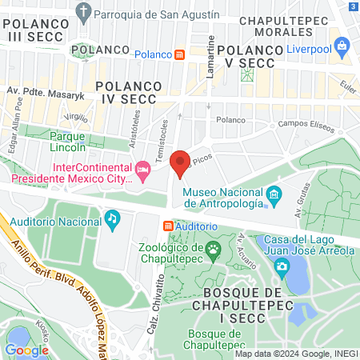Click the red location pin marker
click(x=180, y=163)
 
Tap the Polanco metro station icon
click(x=181, y=54)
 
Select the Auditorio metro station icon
click(x=168, y=226)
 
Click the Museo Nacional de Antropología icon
click(x=274, y=194)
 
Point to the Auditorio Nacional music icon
click(x=113, y=218)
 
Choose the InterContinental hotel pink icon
click(x=143, y=170)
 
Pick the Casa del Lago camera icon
click(x=281, y=266)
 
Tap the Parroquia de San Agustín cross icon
click(x=82, y=12)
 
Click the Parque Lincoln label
click(x=62, y=141)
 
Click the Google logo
click(x=26, y=350)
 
